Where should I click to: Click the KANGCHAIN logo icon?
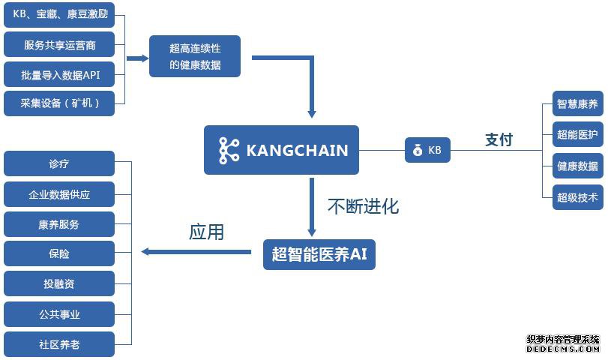pyautogui.click(x=229, y=150)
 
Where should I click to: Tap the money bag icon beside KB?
pyautogui.click(x=418, y=150)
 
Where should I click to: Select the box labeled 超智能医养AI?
pyautogui.click(x=319, y=254)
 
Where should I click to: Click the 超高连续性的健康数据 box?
pyautogui.click(x=195, y=56)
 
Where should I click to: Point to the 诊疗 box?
pyautogui.click(x=59, y=163)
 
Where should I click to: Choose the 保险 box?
pyautogui.click(x=59, y=253)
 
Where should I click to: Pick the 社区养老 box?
pyautogui.click(x=59, y=344)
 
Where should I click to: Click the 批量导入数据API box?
pyautogui.click(x=59, y=74)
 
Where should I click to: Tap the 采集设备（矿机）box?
pyautogui.click(x=59, y=103)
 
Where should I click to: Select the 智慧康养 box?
pyautogui.click(x=578, y=103)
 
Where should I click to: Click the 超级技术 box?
pyautogui.click(x=578, y=197)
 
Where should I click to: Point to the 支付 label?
pyautogui.click(x=499, y=139)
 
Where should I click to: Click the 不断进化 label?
pyautogui.click(x=364, y=206)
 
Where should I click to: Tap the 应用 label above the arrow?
pyautogui.click(x=206, y=232)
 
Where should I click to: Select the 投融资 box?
pyautogui.click(x=59, y=283)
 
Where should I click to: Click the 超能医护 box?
pyautogui.click(x=578, y=134)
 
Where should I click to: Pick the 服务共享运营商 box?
pyautogui.click(x=59, y=44)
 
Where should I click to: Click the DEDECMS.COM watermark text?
pyautogui.click(x=563, y=349)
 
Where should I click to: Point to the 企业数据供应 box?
pyautogui.click(x=59, y=194)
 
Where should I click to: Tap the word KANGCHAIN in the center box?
pyautogui.click(x=297, y=151)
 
